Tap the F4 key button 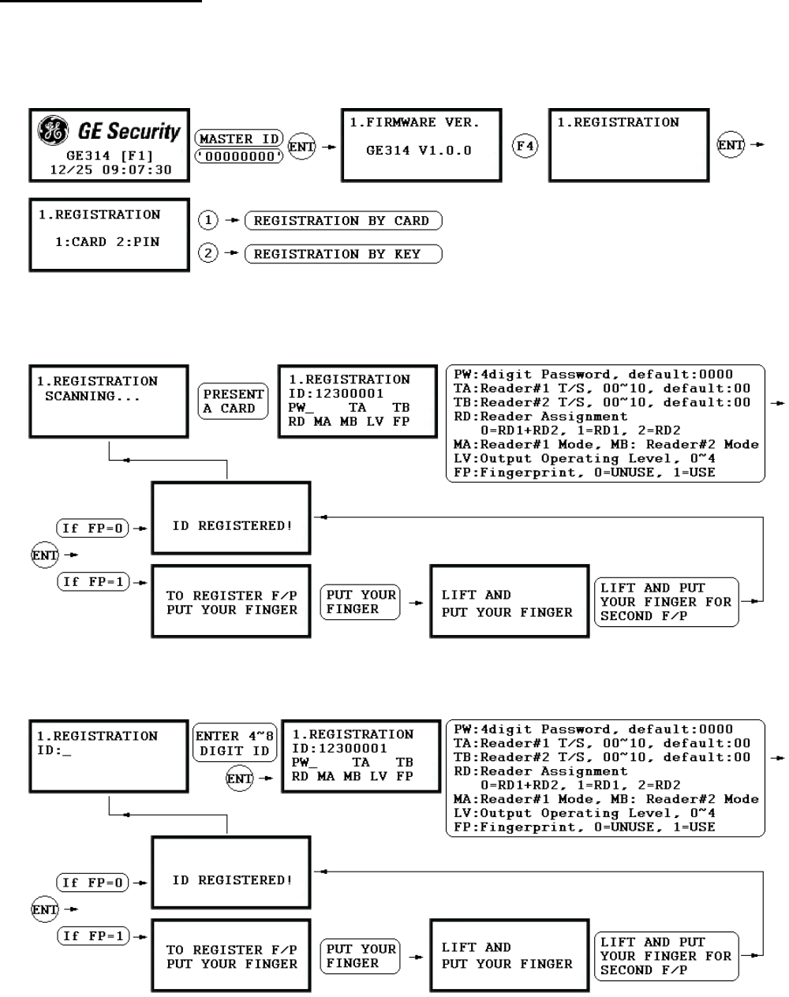click(525, 147)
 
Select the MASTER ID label click(238, 139)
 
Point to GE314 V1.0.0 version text click(418, 150)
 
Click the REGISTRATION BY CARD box click(342, 221)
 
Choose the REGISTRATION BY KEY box click(342, 254)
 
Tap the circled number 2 click(208, 254)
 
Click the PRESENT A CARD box click(234, 401)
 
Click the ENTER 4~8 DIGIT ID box click(234, 743)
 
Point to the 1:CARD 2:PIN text click(107, 242)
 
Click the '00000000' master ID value click(239, 156)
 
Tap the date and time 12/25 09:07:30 click(109, 169)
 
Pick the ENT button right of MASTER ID click(301, 147)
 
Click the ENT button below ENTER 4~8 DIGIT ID click(239, 779)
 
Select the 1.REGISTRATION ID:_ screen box click(109, 756)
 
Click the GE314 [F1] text click(108, 156)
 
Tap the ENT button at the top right click(731, 145)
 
